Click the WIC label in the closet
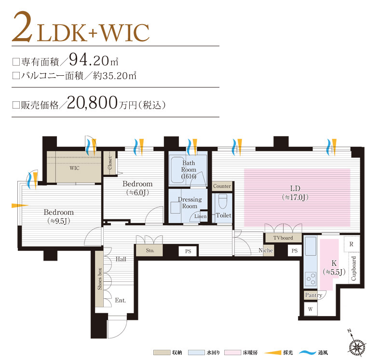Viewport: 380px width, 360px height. click(74, 168)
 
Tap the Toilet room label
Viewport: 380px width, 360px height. click(223, 215)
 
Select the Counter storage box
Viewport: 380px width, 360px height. click(222, 186)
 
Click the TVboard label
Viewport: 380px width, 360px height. click(283, 238)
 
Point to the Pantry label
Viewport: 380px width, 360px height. click(313, 295)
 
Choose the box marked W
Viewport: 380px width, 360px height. click(311, 309)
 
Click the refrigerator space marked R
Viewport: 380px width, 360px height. click(352, 244)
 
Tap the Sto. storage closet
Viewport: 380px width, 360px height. click(149, 250)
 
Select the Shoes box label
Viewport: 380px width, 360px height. click(100, 279)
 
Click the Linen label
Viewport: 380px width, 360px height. click(201, 216)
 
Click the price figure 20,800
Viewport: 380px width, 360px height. click(92, 103)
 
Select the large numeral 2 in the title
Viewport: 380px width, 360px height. click(23, 27)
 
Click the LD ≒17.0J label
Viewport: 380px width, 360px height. click(295, 193)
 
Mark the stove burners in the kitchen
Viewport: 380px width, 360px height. click(311, 279)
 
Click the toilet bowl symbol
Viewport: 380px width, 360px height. click(222, 201)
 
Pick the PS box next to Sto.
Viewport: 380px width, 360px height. click(188, 251)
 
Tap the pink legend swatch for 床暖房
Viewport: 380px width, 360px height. click(232, 352)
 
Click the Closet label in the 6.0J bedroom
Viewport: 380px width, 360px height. click(110, 163)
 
